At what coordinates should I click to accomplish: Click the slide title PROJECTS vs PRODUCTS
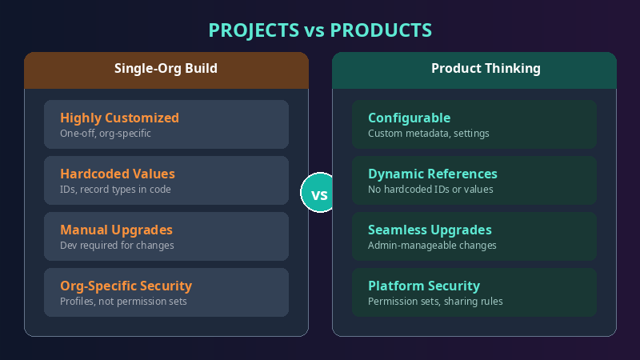tap(320, 30)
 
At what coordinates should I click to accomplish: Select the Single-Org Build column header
tap(166, 69)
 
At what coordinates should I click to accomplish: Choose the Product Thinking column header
tap(474, 69)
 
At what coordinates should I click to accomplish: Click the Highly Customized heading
tap(119, 118)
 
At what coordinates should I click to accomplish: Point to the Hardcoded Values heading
tap(117, 174)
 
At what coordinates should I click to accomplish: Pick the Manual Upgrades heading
tap(117, 230)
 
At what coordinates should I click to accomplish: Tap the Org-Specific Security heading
tap(126, 286)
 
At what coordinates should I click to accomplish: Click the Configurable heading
tap(409, 118)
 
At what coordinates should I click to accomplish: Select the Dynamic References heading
tap(433, 174)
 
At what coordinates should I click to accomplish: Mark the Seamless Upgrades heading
tap(430, 230)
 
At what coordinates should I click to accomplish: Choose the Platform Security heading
tap(424, 286)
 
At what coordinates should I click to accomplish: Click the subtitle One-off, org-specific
tap(106, 134)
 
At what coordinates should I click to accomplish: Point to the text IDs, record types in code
tap(114, 190)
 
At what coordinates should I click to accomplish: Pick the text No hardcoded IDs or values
tap(430, 190)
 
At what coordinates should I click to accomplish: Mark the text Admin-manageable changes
tap(432, 246)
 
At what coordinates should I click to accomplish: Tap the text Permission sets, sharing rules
tap(435, 302)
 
